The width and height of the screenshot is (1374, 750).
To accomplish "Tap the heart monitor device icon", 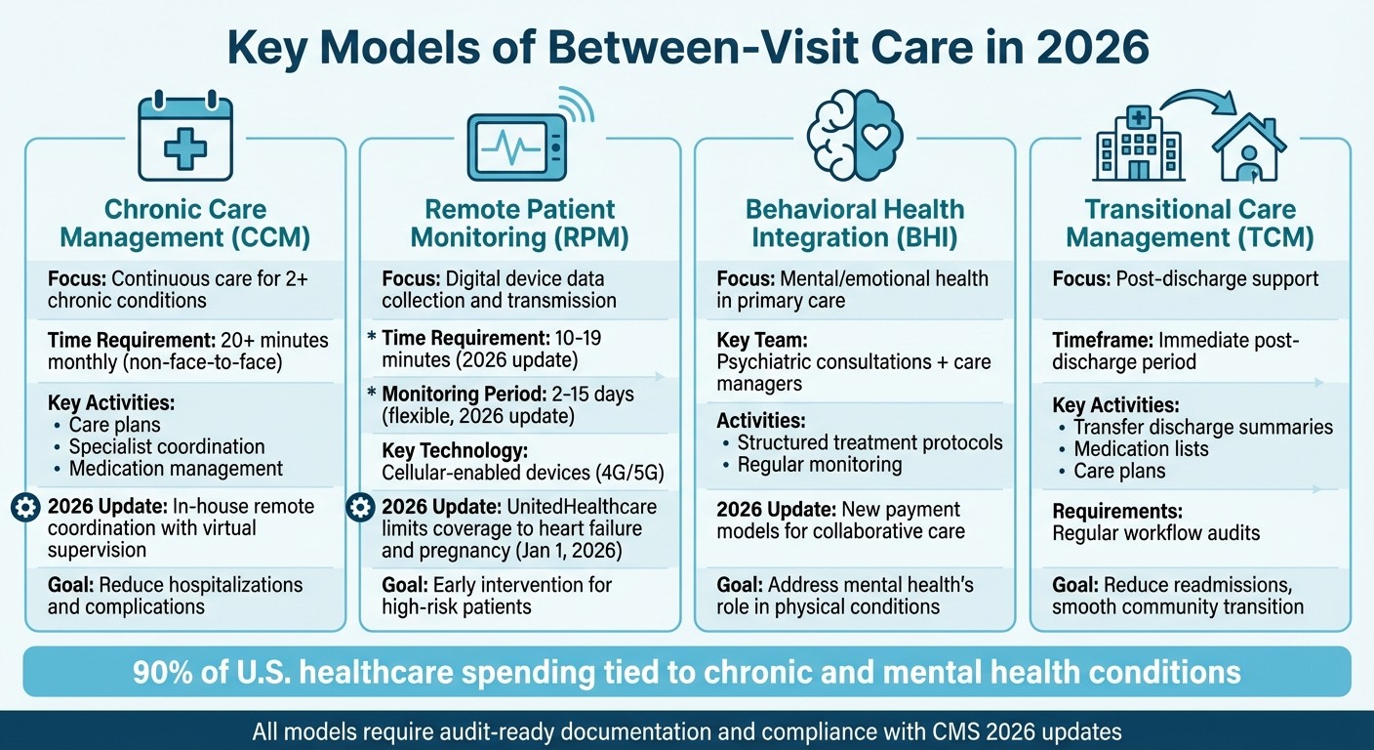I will pos(517,147).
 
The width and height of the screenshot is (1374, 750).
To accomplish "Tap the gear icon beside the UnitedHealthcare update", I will pos(360,507).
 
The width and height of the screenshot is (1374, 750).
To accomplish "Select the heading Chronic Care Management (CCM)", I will pos(185,223).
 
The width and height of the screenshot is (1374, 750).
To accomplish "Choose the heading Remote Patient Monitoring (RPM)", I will pos(520,223).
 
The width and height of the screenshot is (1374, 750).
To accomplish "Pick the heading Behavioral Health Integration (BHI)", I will pos(855,223).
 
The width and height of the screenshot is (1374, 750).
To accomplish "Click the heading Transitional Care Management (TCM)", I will pos(1190,223).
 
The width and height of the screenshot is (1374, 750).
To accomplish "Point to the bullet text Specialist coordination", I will pos(167,446).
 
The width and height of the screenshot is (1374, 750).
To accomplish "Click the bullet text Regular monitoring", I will pos(820,464).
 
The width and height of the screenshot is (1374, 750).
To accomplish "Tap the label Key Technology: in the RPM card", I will pos(455,450).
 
